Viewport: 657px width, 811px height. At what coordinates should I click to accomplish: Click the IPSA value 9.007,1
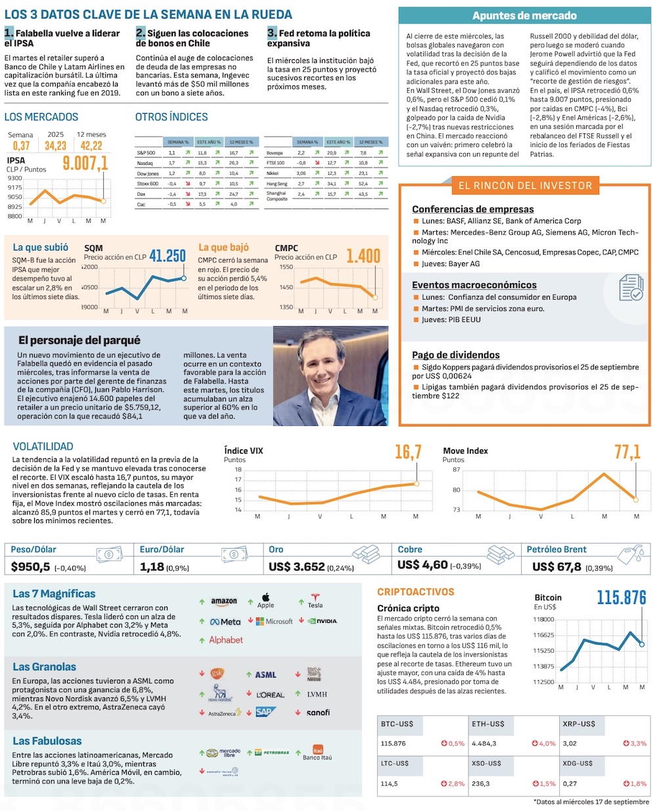pos(85,163)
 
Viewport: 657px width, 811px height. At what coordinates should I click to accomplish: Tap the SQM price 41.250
pos(168,256)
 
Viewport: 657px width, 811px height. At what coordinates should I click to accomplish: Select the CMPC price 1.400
pos(363,256)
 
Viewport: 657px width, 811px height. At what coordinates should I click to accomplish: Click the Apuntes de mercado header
pos(524,16)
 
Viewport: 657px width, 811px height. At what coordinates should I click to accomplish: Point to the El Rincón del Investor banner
pos(525,186)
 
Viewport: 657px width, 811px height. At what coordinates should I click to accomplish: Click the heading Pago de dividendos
pos(456,355)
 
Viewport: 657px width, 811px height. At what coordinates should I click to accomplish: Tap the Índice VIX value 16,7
pos(408,452)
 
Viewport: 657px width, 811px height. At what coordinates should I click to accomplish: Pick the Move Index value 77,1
pos(627,452)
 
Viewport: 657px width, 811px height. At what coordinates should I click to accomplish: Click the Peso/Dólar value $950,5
pos(31,567)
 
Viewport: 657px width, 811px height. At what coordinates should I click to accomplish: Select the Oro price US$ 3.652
pos(297,567)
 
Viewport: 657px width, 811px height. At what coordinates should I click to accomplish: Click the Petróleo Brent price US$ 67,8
pos(556,567)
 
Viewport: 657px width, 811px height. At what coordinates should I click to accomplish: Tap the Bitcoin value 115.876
pos(622,597)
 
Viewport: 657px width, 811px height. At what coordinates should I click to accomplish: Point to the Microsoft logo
pos(275,621)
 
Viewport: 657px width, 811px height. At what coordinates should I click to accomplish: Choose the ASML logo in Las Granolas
pos(265,675)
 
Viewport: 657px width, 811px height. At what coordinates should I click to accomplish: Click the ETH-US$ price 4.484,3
pos(484,743)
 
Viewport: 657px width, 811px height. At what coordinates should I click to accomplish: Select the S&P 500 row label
pos(147,152)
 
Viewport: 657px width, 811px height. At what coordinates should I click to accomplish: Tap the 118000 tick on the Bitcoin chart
pos(543,619)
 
